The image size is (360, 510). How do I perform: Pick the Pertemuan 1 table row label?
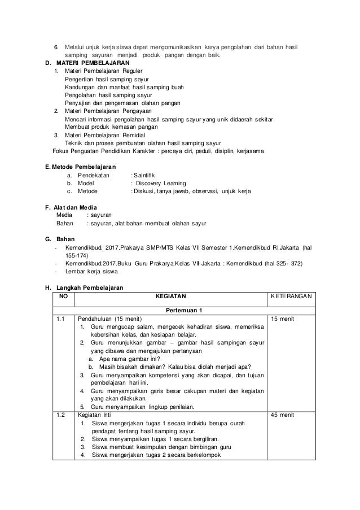(184, 310)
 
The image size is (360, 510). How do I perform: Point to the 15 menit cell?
(283, 319)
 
